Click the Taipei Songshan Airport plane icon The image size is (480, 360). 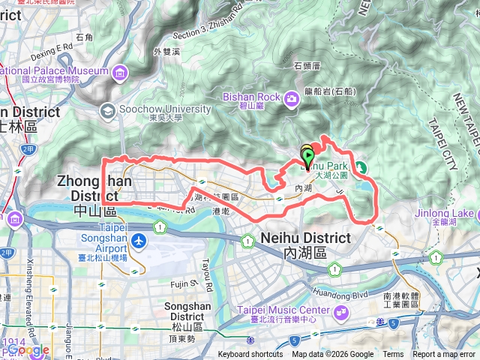point(139,241)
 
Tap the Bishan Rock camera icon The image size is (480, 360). point(290,97)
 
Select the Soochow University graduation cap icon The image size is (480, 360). point(108,110)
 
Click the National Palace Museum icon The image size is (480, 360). point(120,72)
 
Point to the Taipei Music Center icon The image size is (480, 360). point(343,311)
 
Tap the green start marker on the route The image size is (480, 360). point(307,157)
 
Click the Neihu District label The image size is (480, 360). point(305,238)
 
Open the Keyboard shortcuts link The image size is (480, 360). point(250,355)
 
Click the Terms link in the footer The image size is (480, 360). point(393,355)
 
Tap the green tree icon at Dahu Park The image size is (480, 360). point(359,166)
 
